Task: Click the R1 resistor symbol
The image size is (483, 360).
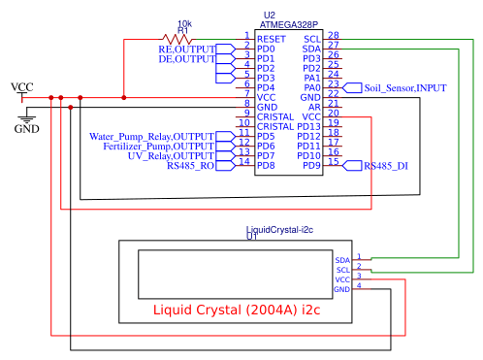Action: click(183, 38)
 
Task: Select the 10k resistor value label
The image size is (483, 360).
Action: click(184, 23)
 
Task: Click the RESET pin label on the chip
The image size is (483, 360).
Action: click(272, 37)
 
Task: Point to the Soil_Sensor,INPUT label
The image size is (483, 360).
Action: click(405, 87)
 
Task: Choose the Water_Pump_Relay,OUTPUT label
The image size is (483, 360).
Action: click(151, 136)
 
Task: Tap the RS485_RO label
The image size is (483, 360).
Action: click(190, 166)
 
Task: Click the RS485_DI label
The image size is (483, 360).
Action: click(386, 167)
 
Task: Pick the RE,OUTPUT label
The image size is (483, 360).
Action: click(186, 48)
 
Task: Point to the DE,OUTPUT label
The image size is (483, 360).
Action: click(186, 58)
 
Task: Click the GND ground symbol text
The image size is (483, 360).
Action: click(26, 128)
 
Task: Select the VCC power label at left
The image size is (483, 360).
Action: click(21, 87)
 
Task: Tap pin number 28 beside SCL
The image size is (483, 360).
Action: click(334, 36)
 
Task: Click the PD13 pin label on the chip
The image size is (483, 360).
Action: click(308, 126)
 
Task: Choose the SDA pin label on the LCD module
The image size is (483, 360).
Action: click(341, 260)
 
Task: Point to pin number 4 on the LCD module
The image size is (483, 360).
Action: click(359, 285)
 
